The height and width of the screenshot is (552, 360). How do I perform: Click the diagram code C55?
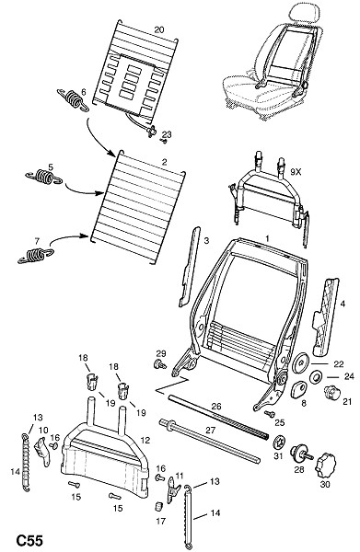tap(29, 540)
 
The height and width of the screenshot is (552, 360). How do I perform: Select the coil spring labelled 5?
tap(43, 177)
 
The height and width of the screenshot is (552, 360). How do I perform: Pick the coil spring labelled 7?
tap(36, 255)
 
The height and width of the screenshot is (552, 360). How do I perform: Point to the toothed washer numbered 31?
tap(279, 443)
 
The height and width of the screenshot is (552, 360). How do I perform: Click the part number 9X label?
tap(296, 173)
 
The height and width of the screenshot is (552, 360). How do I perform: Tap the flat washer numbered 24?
tap(315, 377)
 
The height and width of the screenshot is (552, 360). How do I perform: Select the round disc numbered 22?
tap(301, 362)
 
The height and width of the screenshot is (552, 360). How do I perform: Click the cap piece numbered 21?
tap(331, 392)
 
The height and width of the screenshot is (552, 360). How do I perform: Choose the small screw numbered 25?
tap(270, 414)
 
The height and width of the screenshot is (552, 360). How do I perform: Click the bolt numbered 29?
tap(160, 364)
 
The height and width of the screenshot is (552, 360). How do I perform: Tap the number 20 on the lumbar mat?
tap(159, 29)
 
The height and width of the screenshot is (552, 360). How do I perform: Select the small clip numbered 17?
tap(159, 506)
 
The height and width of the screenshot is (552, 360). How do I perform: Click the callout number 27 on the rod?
tap(210, 431)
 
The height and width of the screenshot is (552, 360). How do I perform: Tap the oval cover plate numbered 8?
tap(298, 389)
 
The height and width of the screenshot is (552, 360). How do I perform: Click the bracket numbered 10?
tap(43, 451)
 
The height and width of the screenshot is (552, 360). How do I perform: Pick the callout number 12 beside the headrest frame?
tap(145, 440)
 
